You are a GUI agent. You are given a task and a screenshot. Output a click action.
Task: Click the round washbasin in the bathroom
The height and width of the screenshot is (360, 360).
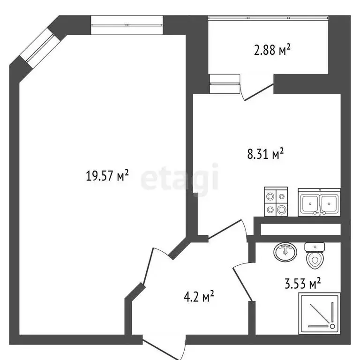[x=285, y=252]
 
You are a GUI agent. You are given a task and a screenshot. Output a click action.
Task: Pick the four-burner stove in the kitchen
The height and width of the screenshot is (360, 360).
[x=275, y=202]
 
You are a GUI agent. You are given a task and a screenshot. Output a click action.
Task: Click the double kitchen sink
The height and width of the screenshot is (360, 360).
[x=320, y=202]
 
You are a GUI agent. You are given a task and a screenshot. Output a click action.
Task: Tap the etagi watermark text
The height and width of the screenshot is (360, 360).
[x=180, y=179]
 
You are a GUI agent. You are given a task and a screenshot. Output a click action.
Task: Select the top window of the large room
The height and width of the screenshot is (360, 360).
[x=127, y=25]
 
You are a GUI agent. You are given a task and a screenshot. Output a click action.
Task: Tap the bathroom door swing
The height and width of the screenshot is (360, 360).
[x=243, y=281]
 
